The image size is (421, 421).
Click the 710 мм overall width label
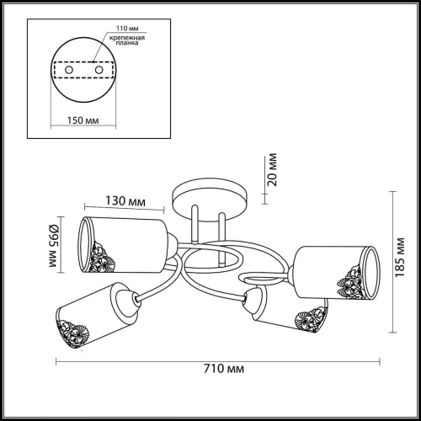pos(224,369)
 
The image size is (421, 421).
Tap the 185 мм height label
pos(400,258)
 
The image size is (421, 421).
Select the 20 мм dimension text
pos(272,169)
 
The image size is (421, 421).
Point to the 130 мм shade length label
pos(125,201)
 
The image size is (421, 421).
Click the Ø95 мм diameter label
pos(54,246)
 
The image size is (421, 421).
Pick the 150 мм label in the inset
pos(83,120)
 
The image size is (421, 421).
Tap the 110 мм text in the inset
pos(127,29)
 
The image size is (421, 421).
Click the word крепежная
pos(127,38)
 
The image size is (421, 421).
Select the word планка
pos(127,43)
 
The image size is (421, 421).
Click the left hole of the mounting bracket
pos(69,70)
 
